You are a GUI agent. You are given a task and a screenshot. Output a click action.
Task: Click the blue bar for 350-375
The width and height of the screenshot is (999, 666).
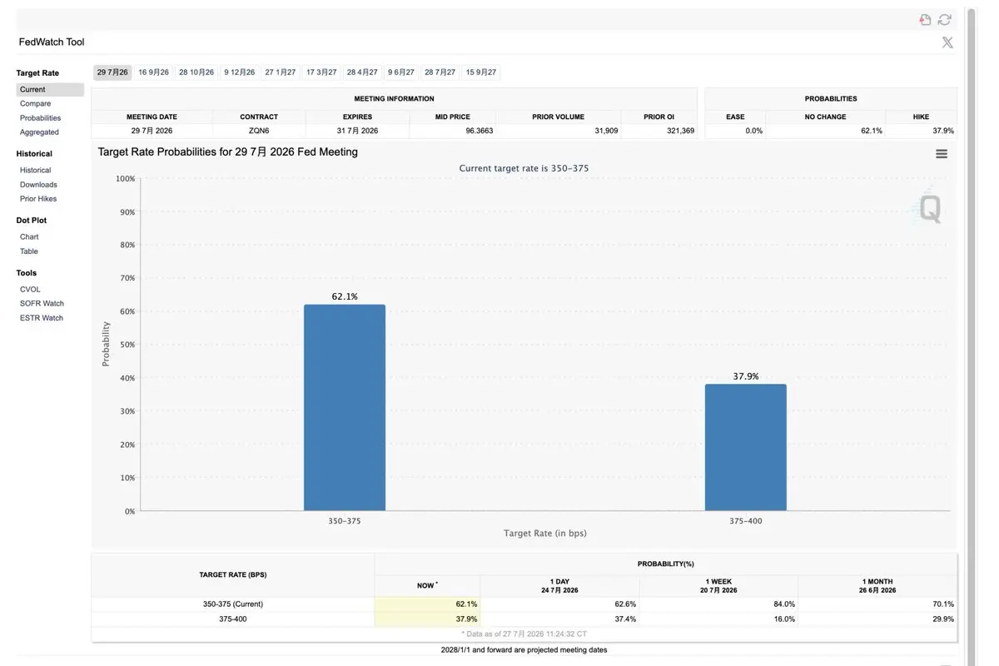tap(345, 407)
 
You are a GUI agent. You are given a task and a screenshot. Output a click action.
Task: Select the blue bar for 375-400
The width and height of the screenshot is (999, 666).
tap(746, 447)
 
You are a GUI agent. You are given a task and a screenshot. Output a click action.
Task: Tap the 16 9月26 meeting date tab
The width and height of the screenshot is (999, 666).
tap(153, 72)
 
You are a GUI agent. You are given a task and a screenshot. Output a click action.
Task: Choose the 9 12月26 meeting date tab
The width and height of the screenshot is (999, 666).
tap(240, 72)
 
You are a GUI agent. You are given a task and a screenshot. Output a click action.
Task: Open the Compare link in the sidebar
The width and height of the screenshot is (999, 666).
tap(35, 103)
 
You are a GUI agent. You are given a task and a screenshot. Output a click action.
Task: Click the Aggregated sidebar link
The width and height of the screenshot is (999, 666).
tap(39, 132)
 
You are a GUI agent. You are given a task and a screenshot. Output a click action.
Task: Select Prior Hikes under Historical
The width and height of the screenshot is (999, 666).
tap(38, 198)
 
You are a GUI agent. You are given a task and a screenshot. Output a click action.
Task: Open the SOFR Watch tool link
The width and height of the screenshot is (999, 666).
tap(42, 303)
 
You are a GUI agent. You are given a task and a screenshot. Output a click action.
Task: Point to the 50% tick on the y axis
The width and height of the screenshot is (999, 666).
tap(127, 345)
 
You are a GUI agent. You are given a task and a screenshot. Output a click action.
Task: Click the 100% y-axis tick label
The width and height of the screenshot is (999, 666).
tap(126, 178)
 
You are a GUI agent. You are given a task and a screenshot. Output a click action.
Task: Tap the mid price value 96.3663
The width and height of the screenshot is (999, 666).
tap(480, 131)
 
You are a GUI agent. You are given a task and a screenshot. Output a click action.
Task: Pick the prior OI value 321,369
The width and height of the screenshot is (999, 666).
tap(681, 131)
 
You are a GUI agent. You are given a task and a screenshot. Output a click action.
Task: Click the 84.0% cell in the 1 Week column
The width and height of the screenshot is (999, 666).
tap(784, 604)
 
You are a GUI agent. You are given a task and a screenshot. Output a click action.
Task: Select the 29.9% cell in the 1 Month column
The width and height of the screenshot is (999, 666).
tap(943, 619)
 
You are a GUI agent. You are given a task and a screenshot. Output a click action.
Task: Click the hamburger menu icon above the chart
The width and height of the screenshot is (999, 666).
tap(942, 154)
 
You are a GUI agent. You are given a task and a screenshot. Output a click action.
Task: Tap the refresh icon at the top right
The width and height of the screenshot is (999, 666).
tap(945, 20)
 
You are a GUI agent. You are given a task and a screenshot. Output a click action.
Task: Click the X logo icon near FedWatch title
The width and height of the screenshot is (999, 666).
tap(947, 42)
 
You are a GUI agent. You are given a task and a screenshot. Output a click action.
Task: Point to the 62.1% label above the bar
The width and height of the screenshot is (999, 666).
tap(345, 296)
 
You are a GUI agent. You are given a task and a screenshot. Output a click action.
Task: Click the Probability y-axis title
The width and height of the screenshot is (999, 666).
tap(106, 344)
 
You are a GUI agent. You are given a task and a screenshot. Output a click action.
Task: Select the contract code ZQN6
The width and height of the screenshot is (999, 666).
tap(259, 131)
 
